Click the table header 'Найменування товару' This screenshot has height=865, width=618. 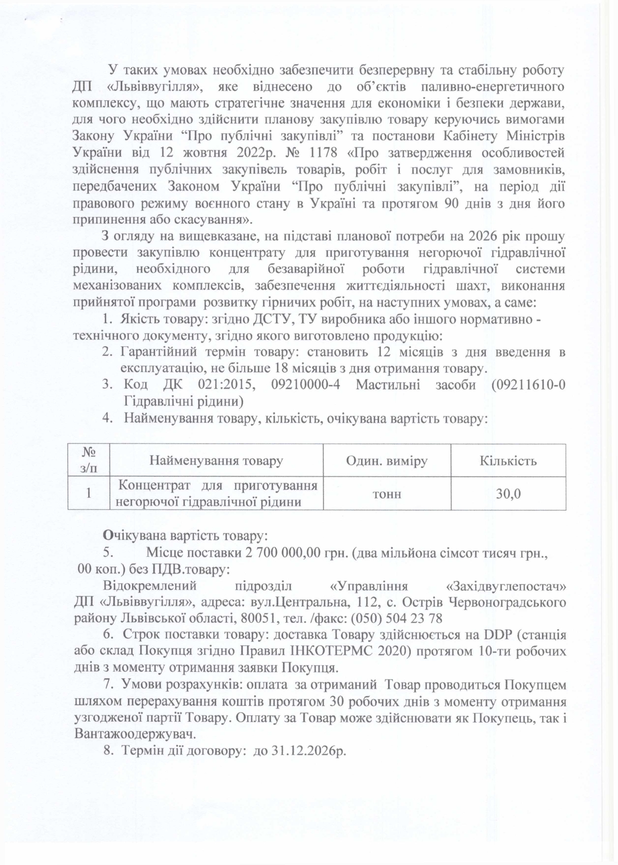(216, 461)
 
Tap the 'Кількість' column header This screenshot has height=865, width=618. (508, 461)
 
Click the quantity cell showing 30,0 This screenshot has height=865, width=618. (508, 494)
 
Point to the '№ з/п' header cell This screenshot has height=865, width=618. (88, 460)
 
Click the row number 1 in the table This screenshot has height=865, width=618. (88, 494)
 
